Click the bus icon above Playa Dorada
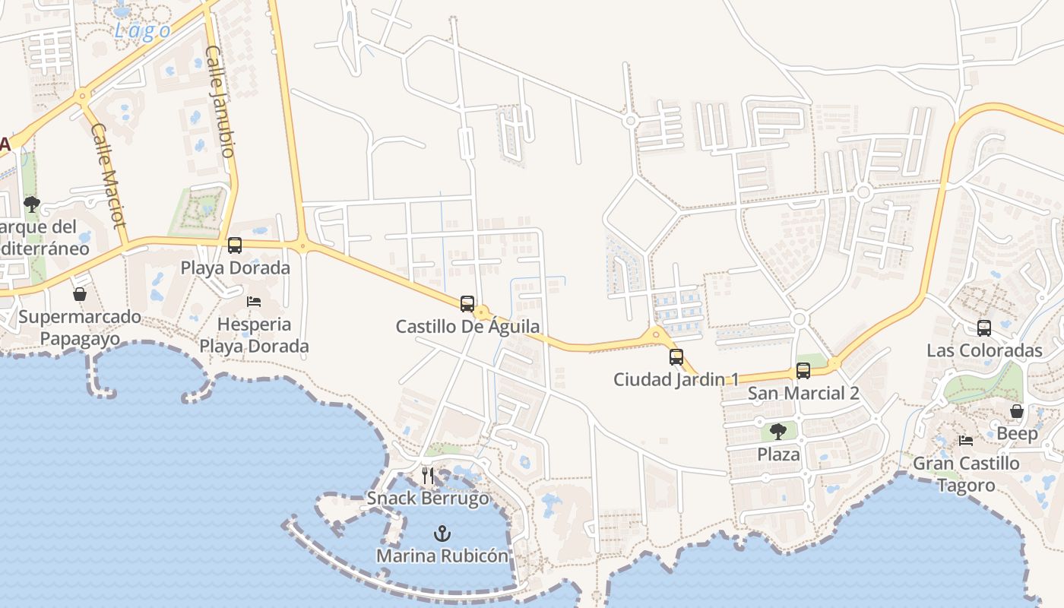tap(235, 245)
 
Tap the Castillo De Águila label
tap(467, 327)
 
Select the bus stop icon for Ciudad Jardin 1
tap(676, 356)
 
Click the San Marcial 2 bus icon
tap(803, 371)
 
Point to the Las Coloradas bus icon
tap(984, 328)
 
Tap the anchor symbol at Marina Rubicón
tap(442, 534)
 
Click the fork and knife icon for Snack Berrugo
tap(428, 476)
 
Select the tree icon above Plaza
tap(778, 432)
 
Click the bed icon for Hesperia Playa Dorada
tap(254, 302)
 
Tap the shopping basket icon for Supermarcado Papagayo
tap(80, 294)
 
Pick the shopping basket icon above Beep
tap(1017, 412)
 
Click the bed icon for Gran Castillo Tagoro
tap(966, 440)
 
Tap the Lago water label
tap(142, 30)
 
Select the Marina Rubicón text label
tap(442, 556)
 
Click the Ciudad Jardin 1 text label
tap(676, 378)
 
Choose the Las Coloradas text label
tap(984, 350)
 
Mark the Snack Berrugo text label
tap(428, 499)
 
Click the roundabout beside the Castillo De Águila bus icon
tap(481, 312)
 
